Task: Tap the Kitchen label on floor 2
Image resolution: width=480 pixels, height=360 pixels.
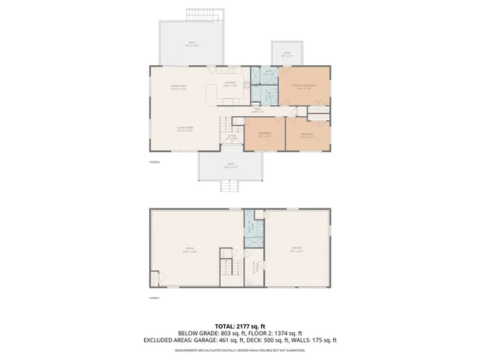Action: point(229,83)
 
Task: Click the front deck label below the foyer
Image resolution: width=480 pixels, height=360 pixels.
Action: point(231,166)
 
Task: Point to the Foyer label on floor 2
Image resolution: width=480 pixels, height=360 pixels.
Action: point(232,137)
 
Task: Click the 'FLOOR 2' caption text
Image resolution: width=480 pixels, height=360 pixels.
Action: point(155,161)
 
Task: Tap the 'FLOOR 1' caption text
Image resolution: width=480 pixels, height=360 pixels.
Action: point(155,298)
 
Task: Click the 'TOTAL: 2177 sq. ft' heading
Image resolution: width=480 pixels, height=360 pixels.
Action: point(239,326)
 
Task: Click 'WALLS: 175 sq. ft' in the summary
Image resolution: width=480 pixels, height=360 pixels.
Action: point(315,340)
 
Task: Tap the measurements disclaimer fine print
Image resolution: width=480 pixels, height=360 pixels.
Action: point(239,349)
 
